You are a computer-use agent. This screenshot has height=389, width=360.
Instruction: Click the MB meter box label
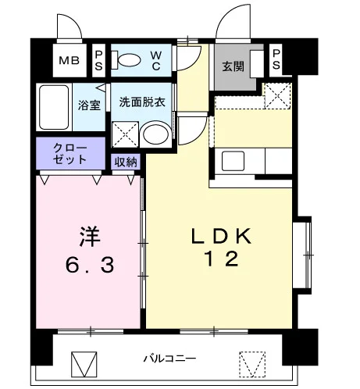coord(69,61)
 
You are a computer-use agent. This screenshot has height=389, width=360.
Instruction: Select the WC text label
coord(156,61)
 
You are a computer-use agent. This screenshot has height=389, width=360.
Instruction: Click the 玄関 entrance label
coord(233,66)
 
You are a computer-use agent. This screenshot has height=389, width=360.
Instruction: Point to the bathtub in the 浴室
coord(54,107)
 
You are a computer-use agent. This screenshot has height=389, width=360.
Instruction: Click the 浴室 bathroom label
coord(89,105)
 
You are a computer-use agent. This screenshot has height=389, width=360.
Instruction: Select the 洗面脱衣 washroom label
coord(142,102)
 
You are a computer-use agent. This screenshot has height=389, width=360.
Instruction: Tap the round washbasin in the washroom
coord(155,134)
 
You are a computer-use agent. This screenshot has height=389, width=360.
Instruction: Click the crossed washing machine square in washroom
coord(125,134)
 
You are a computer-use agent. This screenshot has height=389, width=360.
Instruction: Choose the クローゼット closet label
coord(70,154)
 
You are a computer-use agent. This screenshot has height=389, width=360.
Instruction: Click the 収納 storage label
coord(126,162)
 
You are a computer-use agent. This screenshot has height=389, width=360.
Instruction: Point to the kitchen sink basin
coord(233,161)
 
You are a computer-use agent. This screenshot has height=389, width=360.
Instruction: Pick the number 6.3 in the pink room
coord(90,265)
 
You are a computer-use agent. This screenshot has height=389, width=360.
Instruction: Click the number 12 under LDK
coord(222,259)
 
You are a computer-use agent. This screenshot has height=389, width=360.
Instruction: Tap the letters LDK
coord(221,236)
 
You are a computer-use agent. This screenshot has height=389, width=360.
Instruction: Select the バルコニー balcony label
coord(169,359)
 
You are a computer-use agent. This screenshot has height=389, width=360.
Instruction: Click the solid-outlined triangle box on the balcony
coord(84,364)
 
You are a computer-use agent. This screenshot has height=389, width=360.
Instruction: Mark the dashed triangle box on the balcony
coord(252,364)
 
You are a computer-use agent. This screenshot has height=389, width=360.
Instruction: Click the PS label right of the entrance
coord(276,59)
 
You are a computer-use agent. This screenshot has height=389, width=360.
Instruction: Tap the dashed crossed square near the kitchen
coord(277,96)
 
